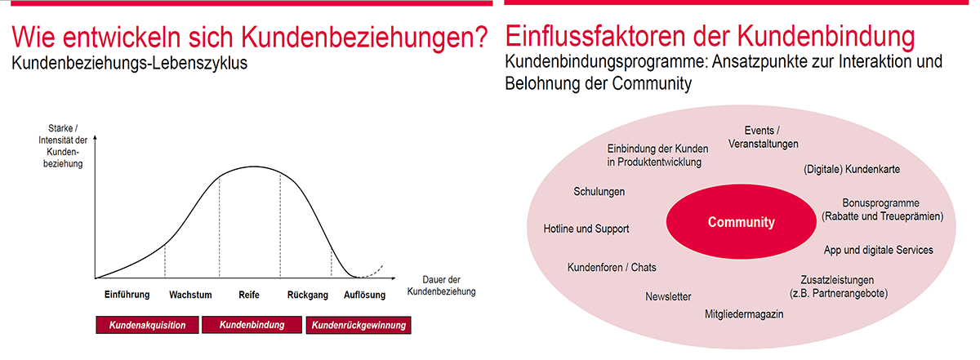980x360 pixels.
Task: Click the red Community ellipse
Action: pos(742,222)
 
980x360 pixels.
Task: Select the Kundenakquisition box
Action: pos(148,325)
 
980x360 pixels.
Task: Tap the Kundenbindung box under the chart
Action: pos(252,325)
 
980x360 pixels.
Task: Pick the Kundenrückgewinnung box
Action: pos(359,325)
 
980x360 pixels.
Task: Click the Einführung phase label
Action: pos(127,295)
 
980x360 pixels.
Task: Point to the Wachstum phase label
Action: pos(190,295)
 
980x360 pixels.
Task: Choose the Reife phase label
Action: pos(249,295)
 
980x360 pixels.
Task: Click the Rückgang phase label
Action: pos(308,296)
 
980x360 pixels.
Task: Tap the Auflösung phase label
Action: pos(364,296)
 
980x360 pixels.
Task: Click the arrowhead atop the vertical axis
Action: pos(95,138)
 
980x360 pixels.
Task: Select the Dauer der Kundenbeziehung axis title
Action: pos(442,285)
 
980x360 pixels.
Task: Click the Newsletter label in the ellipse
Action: pos(668,296)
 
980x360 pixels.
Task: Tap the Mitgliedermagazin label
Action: pos(744,314)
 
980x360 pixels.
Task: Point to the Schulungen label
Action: pos(599,192)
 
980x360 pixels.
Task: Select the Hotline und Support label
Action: pos(586,229)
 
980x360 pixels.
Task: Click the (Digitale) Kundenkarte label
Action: pos(851,169)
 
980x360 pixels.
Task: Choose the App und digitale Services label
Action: pos(878,251)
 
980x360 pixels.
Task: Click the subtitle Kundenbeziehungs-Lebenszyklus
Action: pos(129,63)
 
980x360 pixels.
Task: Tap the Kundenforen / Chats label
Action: pos(612,267)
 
